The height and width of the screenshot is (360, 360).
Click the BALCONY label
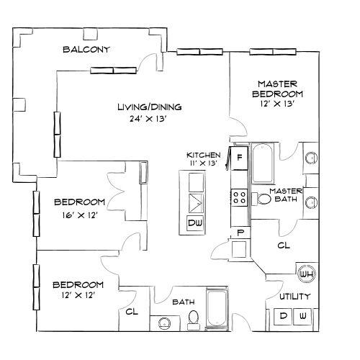pyautogui.click(x=86, y=50)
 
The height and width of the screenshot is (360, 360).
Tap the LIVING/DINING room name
pyautogui.click(x=150, y=107)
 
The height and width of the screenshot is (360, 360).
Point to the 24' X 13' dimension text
pyautogui.click(x=150, y=119)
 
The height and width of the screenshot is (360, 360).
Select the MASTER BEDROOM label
pyautogui.click(x=277, y=88)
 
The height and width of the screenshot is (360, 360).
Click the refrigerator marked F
pyautogui.click(x=238, y=157)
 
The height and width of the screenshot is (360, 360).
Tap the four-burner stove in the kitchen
pyautogui.click(x=239, y=197)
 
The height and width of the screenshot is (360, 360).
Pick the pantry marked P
pyautogui.click(x=240, y=233)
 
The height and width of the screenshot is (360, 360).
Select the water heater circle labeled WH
pyautogui.click(x=305, y=274)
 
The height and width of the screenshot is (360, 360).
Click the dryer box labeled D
pyautogui.click(x=283, y=316)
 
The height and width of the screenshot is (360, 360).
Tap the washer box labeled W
pyautogui.click(x=303, y=316)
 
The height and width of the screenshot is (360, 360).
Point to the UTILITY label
pyautogui.click(x=294, y=297)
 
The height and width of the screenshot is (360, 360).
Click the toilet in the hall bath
pyautogui.click(x=193, y=319)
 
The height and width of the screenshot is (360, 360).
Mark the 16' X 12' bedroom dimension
pyautogui.click(x=79, y=213)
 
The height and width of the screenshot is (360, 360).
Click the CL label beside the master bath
pyautogui.click(x=283, y=245)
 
